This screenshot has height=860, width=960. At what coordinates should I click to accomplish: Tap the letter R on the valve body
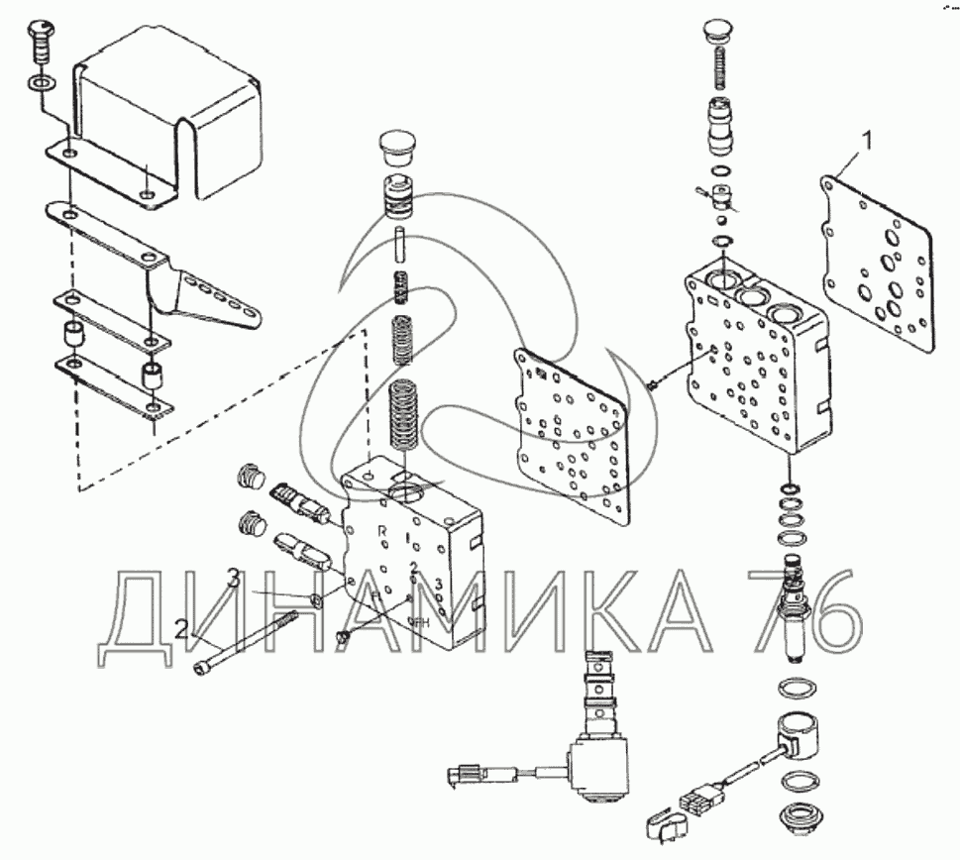382,531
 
